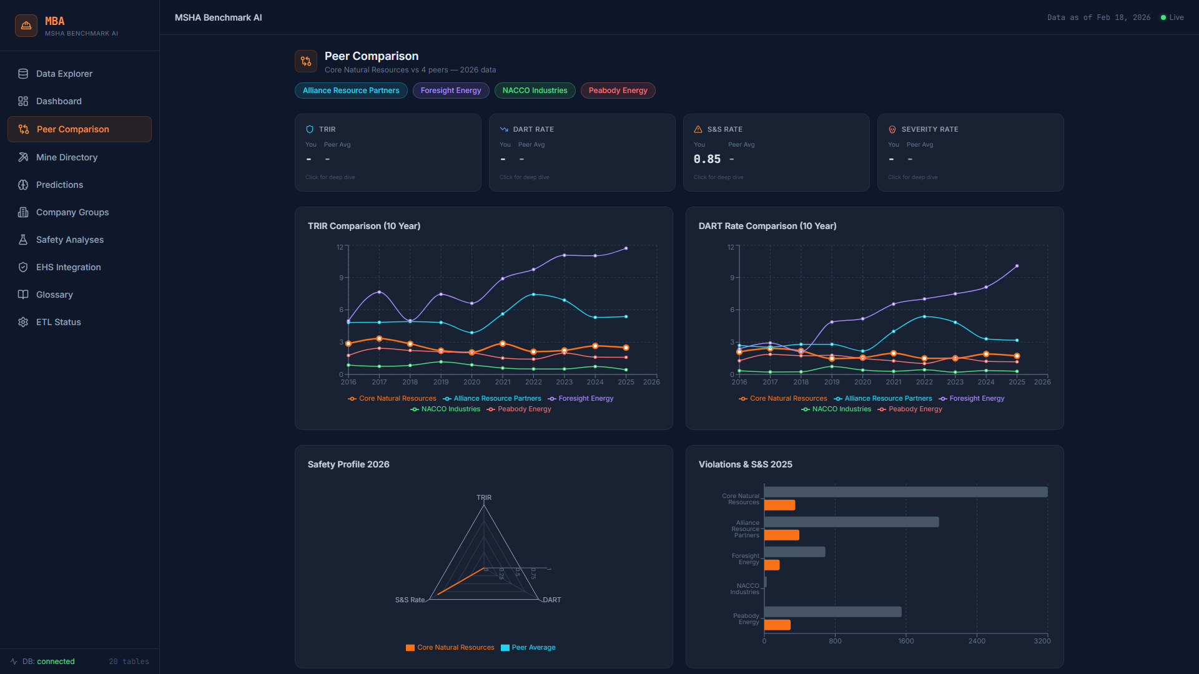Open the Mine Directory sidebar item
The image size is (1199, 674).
tap(66, 157)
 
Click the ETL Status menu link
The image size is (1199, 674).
tap(58, 322)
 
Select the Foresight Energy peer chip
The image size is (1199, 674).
tap(450, 90)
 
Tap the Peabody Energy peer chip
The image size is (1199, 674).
tap(618, 90)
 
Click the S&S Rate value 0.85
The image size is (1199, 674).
tap(707, 159)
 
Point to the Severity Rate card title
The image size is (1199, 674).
tap(929, 129)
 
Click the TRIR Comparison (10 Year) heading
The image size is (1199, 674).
tap(363, 226)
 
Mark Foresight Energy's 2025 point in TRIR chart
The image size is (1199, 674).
tap(626, 248)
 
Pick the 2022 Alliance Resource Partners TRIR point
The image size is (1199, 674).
tap(533, 295)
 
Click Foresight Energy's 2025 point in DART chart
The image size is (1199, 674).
tap(1017, 266)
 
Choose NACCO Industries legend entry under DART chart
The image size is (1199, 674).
tap(841, 409)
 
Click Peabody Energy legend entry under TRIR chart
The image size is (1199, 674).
tap(524, 409)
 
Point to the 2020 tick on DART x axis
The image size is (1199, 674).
tap(862, 382)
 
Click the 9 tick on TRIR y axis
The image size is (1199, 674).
tap(342, 278)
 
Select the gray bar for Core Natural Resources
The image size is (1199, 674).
tap(905, 492)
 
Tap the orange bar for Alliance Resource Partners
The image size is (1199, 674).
tap(781, 535)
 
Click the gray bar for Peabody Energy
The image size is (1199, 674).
tap(832, 612)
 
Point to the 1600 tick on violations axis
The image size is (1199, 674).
tap(905, 641)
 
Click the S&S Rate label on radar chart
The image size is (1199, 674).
tap(410, 600)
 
